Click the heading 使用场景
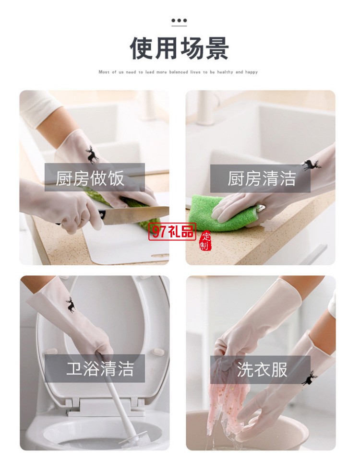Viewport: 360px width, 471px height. [179, 48]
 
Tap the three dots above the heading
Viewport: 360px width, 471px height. [179, 21]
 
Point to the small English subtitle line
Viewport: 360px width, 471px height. [178, 72]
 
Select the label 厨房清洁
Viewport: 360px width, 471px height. [262, 179]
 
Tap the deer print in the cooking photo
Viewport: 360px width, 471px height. [92, 154]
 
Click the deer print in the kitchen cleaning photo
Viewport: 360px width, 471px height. [310, 165]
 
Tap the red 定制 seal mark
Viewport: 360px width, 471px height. [205, 241]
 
